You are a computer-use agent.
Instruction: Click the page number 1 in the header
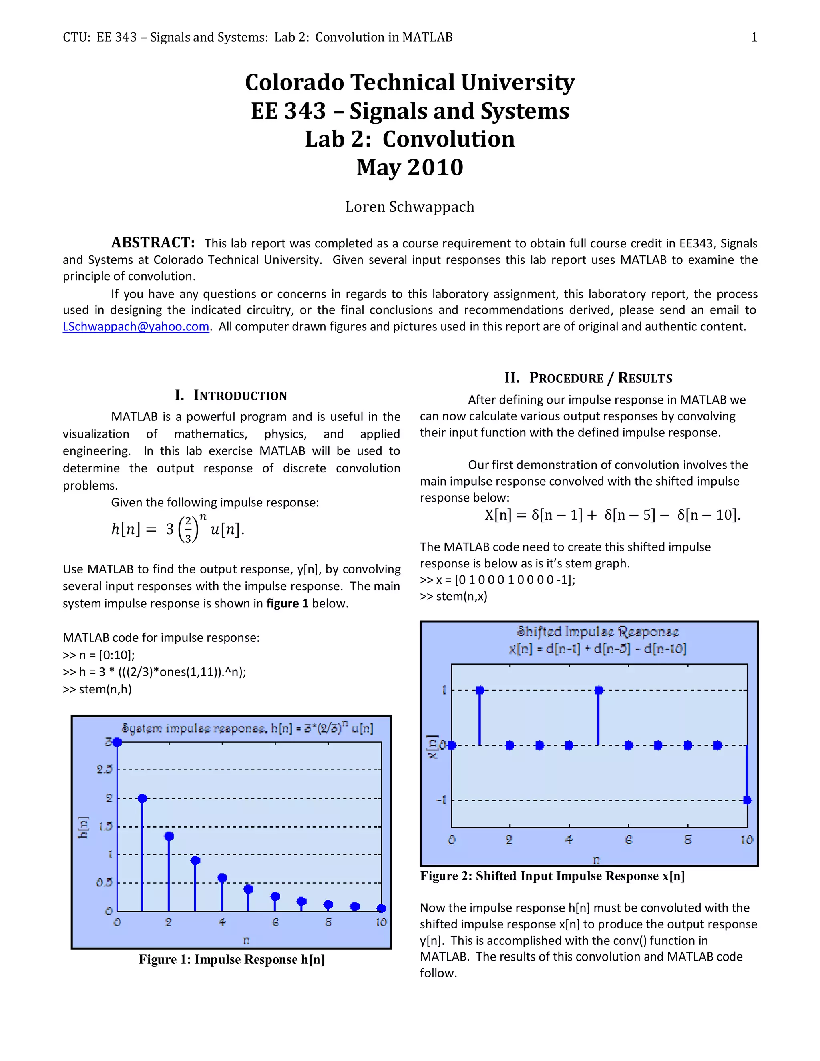[754, 37]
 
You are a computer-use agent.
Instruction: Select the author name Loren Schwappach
[410, 207]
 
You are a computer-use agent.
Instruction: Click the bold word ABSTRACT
[153, 242]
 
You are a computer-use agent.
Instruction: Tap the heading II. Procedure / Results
[588, 378]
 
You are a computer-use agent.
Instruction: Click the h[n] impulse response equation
[177, 528]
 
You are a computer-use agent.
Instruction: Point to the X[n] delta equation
[612, 515]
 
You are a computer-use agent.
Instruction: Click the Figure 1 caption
[231, 959]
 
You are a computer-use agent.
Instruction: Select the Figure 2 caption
[552, 876]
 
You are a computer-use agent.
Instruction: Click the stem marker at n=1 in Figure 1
[142, 798]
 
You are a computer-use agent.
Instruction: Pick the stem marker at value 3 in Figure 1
[117, 742]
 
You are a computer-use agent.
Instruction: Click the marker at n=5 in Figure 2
[599, 690]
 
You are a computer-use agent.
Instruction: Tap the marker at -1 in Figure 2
[747, 800]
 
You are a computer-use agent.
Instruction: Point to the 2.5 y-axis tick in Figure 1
[104, 770]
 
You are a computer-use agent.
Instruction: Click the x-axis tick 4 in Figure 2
[569, 840]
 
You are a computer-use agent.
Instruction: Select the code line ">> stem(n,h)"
[97, 689]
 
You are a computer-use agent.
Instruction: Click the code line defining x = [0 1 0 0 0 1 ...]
[497, 580]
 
